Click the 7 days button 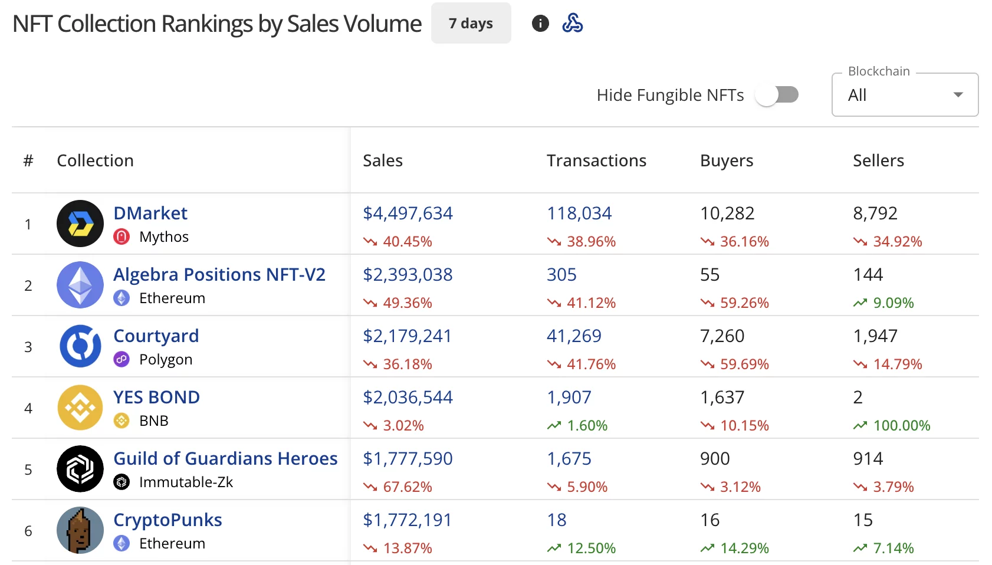point(471,24)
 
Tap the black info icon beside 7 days point(540,24)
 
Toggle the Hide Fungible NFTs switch point(777,95)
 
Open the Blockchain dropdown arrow point(958,95)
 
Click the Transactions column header point(596,160)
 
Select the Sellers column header point(878,160)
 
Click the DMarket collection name point(150,213)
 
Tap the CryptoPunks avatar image point(80,530)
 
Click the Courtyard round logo point(80,346)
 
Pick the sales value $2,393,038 point(408,274)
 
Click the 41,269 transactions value point(574,336)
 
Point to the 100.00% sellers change point(901,425)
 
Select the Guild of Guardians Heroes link point(225,458)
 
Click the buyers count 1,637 point(722,397)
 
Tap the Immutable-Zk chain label point(186,482)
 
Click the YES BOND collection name point(156,397)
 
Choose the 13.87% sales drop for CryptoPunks point(407,548)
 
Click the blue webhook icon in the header point(572,24)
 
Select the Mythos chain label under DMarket point(163,236)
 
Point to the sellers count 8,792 point(875,213)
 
